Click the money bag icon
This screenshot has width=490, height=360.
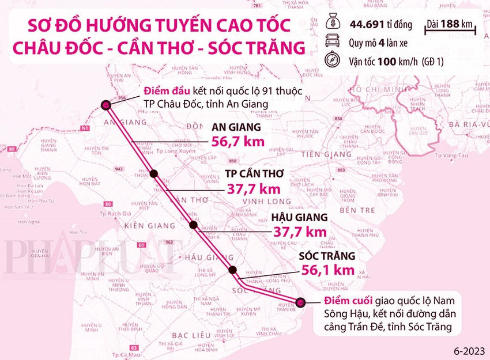coord(336,24)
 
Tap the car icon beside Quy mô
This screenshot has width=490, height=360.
coord(336,41)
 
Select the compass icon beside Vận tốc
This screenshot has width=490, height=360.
coord(336,60)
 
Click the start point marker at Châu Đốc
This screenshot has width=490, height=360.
coord(106,105)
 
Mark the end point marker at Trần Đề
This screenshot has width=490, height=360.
coord(300,302)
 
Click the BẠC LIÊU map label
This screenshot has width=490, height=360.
coord(189,335)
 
